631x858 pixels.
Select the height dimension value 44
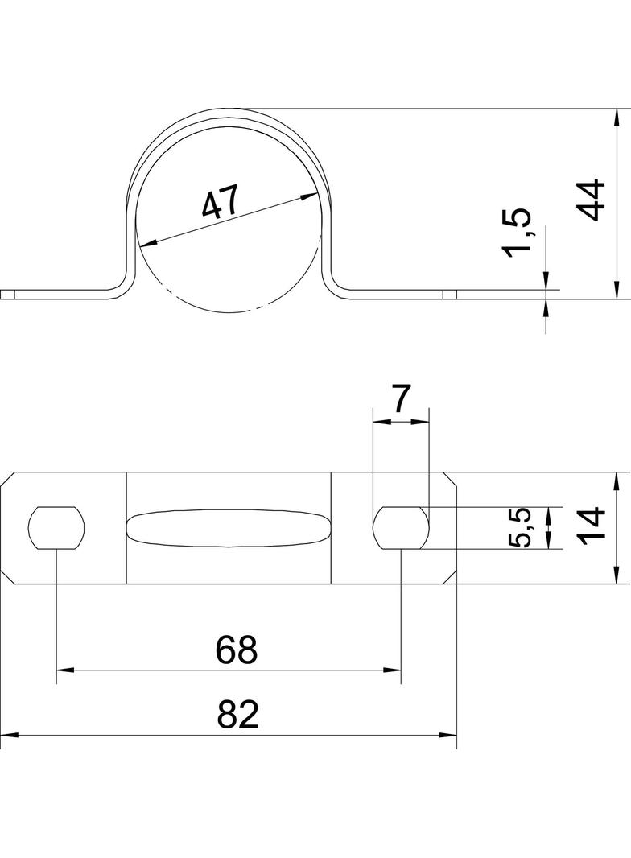(x=592, y=200)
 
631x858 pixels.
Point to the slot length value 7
(x=401, y=399)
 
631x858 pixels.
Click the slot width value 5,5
(x=519, y=527)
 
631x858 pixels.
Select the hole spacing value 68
(x=237, y=650)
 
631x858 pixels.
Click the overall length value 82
(x=237, y=714)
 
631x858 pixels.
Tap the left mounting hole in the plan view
(x=57, y=527)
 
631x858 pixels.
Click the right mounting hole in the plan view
(x=401, y=527)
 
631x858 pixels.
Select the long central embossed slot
(x=229, y=528)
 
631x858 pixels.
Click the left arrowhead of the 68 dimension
(x=65, y=669)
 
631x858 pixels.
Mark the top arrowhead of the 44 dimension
(x=617, y=117)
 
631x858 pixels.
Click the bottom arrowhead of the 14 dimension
(x=617, y=575)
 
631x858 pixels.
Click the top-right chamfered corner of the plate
(x=449, y=479)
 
